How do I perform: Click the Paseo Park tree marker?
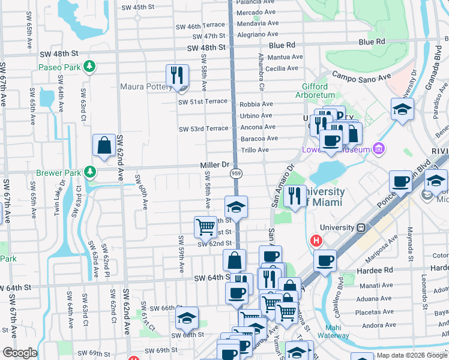click(x=89, y=65)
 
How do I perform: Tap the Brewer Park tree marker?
click(x=90, y=172)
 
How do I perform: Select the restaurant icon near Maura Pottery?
click(x=177, y=76)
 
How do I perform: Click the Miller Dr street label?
click(x=215, y=164)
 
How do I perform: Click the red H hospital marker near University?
click(x=316, y=241)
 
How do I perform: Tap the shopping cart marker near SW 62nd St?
click(x=205, y=227)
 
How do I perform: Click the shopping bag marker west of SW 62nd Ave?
click(x=104, y=145)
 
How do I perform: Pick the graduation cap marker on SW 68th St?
click(x=187, y=317)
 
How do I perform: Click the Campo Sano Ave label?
click(x=361, y=77)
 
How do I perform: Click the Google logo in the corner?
click(x=20, y=353)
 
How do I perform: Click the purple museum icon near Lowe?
click(x=378, y=148)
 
